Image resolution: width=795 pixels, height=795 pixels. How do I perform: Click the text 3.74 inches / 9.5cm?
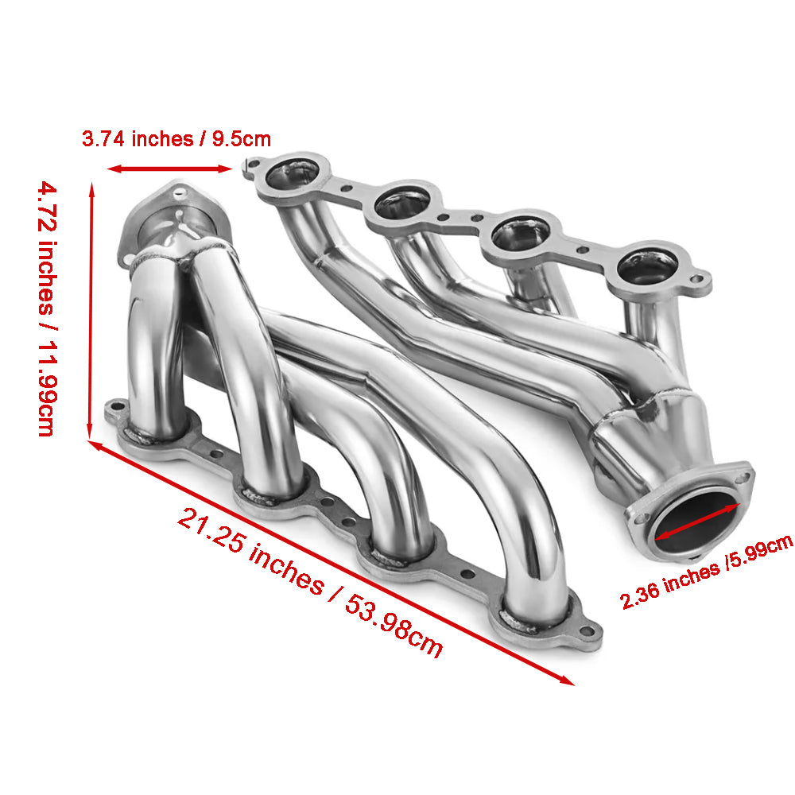tap(176, 139)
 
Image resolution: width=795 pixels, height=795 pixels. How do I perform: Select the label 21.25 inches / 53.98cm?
tap(310, 582)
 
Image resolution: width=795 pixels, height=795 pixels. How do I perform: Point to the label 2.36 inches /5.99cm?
tap(706, 572)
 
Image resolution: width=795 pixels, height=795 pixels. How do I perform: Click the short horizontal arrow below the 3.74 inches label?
tap(169, 169)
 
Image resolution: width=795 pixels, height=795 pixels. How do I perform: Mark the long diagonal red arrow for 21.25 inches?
tap(332, 564)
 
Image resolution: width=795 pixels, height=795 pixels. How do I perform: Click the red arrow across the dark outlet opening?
tap(697, 522)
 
